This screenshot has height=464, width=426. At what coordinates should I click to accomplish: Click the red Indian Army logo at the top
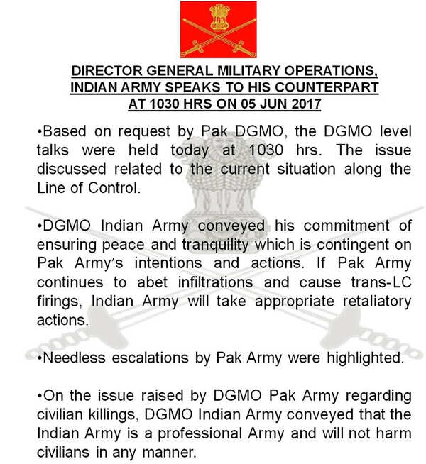(217, 29)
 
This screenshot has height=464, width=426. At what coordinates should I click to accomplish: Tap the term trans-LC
(381, 282)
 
